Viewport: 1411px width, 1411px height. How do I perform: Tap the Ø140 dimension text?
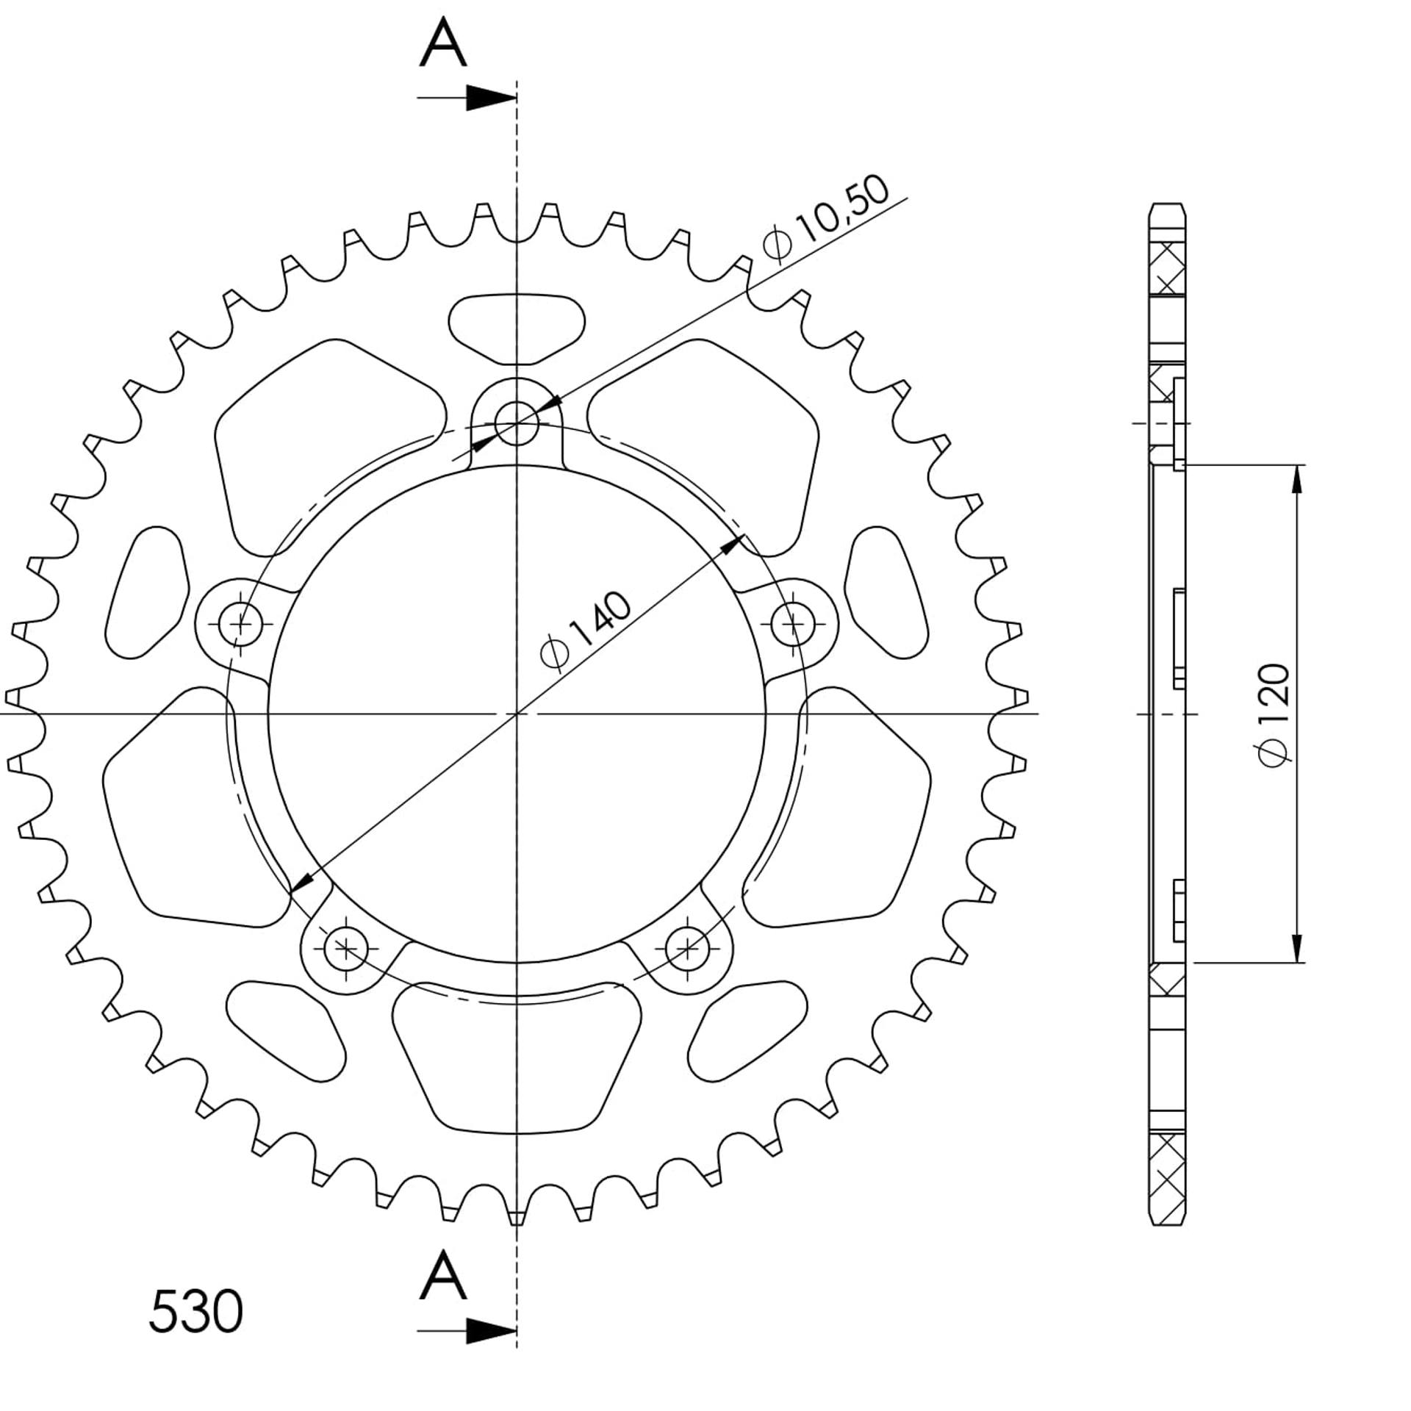click(x=585, y=631)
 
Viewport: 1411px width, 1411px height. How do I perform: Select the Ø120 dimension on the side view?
click(x=1274, y=714)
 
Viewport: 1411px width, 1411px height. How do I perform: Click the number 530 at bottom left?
click(x=195, y=1311)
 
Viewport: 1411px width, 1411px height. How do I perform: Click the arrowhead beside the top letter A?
click(x=492, y=98)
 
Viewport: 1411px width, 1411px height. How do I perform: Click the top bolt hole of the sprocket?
click(x=517, y=423)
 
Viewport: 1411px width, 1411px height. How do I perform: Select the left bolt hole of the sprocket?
click(x=240, y=624)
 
